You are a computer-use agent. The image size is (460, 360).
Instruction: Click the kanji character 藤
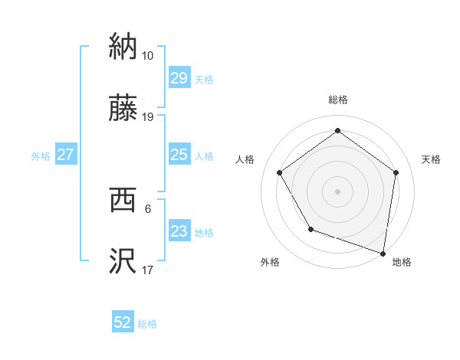123,107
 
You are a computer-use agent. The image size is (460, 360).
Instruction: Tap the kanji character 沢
123,260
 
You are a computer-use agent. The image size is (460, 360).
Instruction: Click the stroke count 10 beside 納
147,56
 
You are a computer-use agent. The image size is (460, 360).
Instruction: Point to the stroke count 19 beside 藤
147,117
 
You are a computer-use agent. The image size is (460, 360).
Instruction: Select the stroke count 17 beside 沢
147,270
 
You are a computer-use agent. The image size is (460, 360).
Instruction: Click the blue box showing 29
179,79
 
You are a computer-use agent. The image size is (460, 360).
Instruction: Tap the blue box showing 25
179,155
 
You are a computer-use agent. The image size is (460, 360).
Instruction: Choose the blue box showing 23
179,232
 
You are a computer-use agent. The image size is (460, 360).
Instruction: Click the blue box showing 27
65,155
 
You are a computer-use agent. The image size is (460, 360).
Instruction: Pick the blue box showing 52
123,323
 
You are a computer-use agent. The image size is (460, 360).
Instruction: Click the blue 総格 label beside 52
147,324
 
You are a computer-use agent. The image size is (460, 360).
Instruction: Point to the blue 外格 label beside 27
41,156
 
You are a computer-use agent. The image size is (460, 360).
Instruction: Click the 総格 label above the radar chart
338,100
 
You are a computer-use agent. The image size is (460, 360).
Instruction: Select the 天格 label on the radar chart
431,159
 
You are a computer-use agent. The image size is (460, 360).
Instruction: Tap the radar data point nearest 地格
383,253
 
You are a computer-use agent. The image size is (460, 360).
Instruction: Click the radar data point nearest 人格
280,172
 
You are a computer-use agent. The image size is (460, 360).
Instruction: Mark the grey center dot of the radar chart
338,191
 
